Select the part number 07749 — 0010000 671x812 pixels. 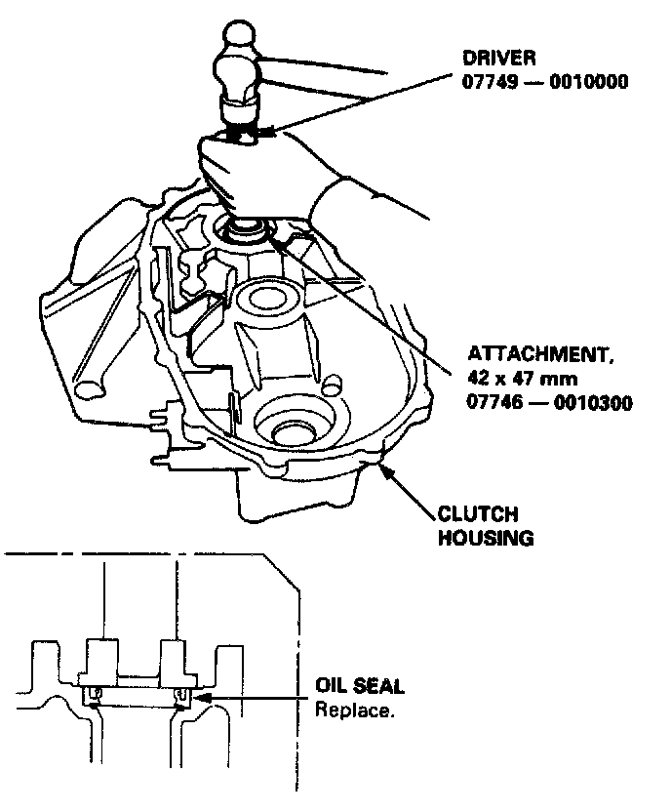pyautogui.click(x=543, y=83)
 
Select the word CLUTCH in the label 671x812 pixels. pyautogui.click(x=478, y=513)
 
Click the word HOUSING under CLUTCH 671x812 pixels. pyautogui.click(x=485, y=537)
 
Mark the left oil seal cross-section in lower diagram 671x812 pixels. pyautogui.click(x=95, y=694)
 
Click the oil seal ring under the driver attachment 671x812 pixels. pyautogui.click(x=250, y=232)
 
